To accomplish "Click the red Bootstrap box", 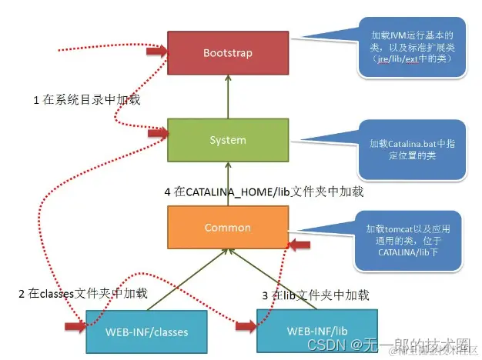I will click(x=227, y=53).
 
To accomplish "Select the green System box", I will click(x=227, y=140).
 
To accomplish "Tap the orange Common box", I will click(x=227, y=227).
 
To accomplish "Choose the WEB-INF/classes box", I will click(x=147, y=332).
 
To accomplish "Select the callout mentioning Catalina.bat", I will click(x=413, y=150).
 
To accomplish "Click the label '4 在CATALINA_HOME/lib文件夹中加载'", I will click(x=274, y=192).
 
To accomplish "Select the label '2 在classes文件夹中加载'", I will click(x=82, y=294).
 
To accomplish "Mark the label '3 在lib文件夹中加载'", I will click(x=315, y=295).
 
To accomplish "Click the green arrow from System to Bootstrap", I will click(x=227, y=97).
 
